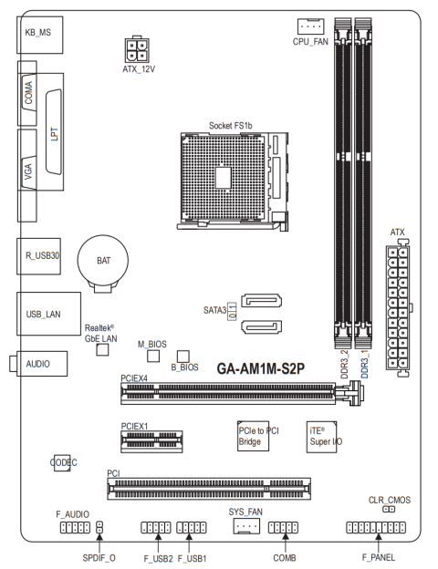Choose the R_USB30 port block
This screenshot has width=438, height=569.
(x=42, y=255)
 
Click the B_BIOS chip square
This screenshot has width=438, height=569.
(x=182, y=353)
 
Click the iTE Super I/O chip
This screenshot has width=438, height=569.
(x=324, y=435)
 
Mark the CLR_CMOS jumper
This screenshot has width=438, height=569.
(x=388, y=511)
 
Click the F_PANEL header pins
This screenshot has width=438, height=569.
(x=378, y=530)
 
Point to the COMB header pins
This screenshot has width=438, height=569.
(x=283, y=530)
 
